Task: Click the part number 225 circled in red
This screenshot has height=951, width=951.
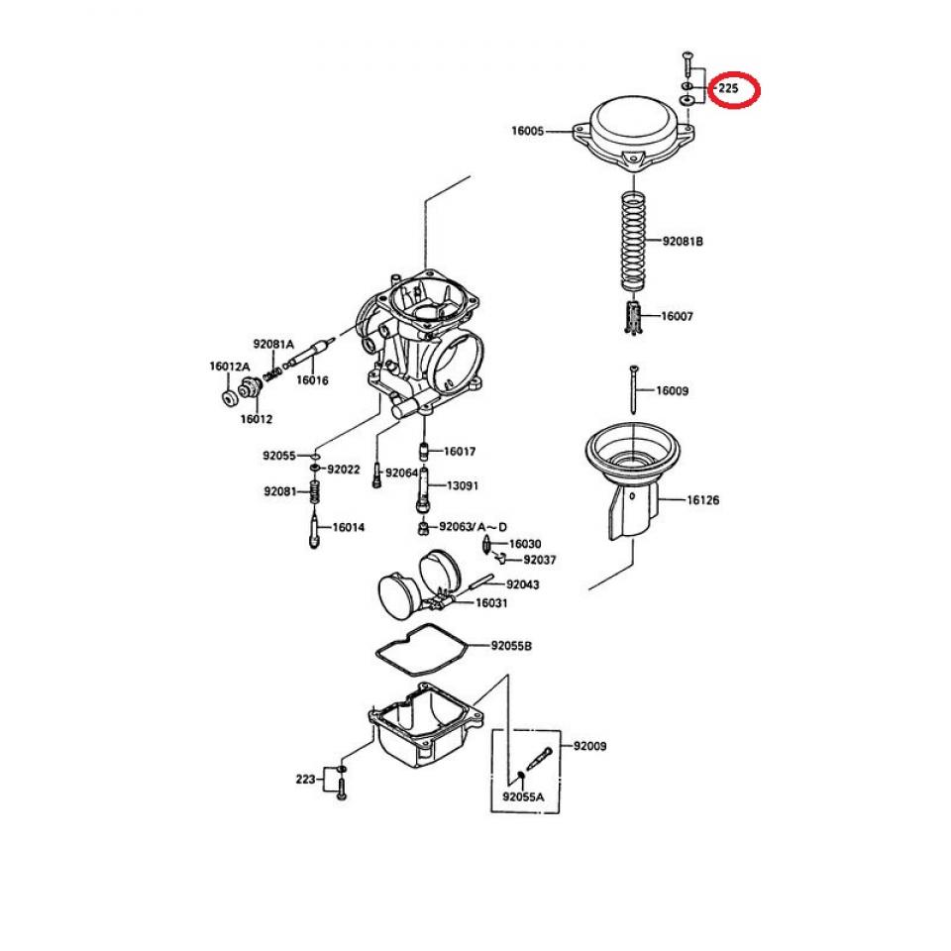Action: click(x=728, y=88)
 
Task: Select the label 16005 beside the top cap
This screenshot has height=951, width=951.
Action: click(x=527, y=130)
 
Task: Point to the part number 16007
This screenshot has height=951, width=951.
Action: click(x=677, y=316)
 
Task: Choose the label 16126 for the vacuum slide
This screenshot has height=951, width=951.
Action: click(x=702, y=500)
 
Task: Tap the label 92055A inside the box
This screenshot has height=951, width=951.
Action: click(x=523, y=795)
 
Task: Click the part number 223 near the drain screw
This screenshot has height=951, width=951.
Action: click(x=306, y=780)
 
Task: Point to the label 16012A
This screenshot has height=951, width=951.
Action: click(x=227, y=366)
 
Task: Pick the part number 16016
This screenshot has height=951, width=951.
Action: click(x=312, y=379)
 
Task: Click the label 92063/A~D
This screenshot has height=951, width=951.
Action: click(x=474, y=526)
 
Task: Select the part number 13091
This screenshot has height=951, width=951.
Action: click(x=461, y=486)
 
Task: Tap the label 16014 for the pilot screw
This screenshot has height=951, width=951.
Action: click(x=348, y=527)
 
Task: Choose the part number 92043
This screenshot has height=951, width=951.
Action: click(x=522, y=584)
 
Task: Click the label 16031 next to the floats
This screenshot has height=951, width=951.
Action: click(x=491, y=602)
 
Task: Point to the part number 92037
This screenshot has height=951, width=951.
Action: click(x=540, y=560)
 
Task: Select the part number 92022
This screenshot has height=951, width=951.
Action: click(x=343, y=469)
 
